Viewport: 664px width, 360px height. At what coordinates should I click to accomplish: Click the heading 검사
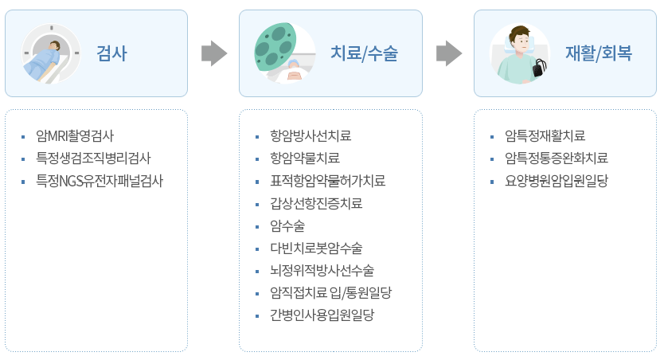pos(111,54)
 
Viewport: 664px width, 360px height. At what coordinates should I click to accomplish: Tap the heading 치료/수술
pos(364,54)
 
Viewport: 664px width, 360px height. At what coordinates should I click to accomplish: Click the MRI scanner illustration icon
pos(49,53)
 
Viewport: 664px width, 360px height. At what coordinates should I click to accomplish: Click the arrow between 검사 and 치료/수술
pos(213,53)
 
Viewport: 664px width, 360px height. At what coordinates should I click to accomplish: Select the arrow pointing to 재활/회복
pos(449,53)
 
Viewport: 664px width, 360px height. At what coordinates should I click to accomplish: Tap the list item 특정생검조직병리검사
pos(93,158)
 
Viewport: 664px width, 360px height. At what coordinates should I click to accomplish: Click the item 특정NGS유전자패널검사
pos(100,180)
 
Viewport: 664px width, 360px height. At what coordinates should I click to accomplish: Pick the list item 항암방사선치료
pos(311,135)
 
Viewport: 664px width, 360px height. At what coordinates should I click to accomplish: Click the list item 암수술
pos(287,225)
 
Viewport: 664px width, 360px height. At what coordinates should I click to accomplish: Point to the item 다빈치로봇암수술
pos(316,248)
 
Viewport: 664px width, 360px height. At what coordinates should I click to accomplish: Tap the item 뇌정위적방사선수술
pos(322,270)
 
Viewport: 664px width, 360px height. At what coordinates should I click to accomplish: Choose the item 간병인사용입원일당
pos(322,315)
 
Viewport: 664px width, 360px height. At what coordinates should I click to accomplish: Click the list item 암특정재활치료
pos(545,135)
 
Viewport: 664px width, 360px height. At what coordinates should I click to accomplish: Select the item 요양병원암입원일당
pos(557,180)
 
